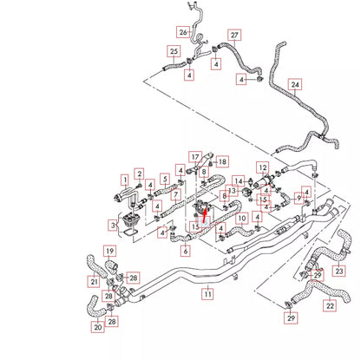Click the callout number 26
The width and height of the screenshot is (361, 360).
[x=183, y=32]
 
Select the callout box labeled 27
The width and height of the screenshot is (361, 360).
[x=233, y=35]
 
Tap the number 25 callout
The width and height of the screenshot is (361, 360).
[x=174, y=51]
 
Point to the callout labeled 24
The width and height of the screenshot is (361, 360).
[x=296, y=85]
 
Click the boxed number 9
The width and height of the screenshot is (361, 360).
[x=299, y=197]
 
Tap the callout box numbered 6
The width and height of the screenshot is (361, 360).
[x=185, y=251]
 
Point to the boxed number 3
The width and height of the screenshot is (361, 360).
[x=114, y=226]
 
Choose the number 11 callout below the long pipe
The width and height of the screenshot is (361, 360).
[x=207, y=295]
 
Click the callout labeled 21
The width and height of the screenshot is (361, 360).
[x=93, y=280]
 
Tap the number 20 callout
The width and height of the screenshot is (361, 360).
[x=97, y=327]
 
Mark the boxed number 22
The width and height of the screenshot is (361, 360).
[x=330, y=305]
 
